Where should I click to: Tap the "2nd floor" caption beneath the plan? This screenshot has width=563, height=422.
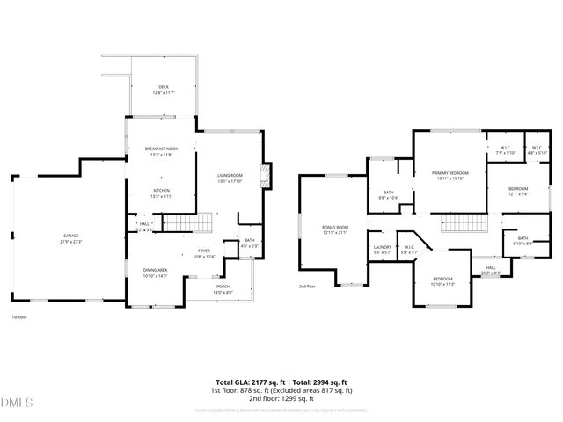coord(305,287)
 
